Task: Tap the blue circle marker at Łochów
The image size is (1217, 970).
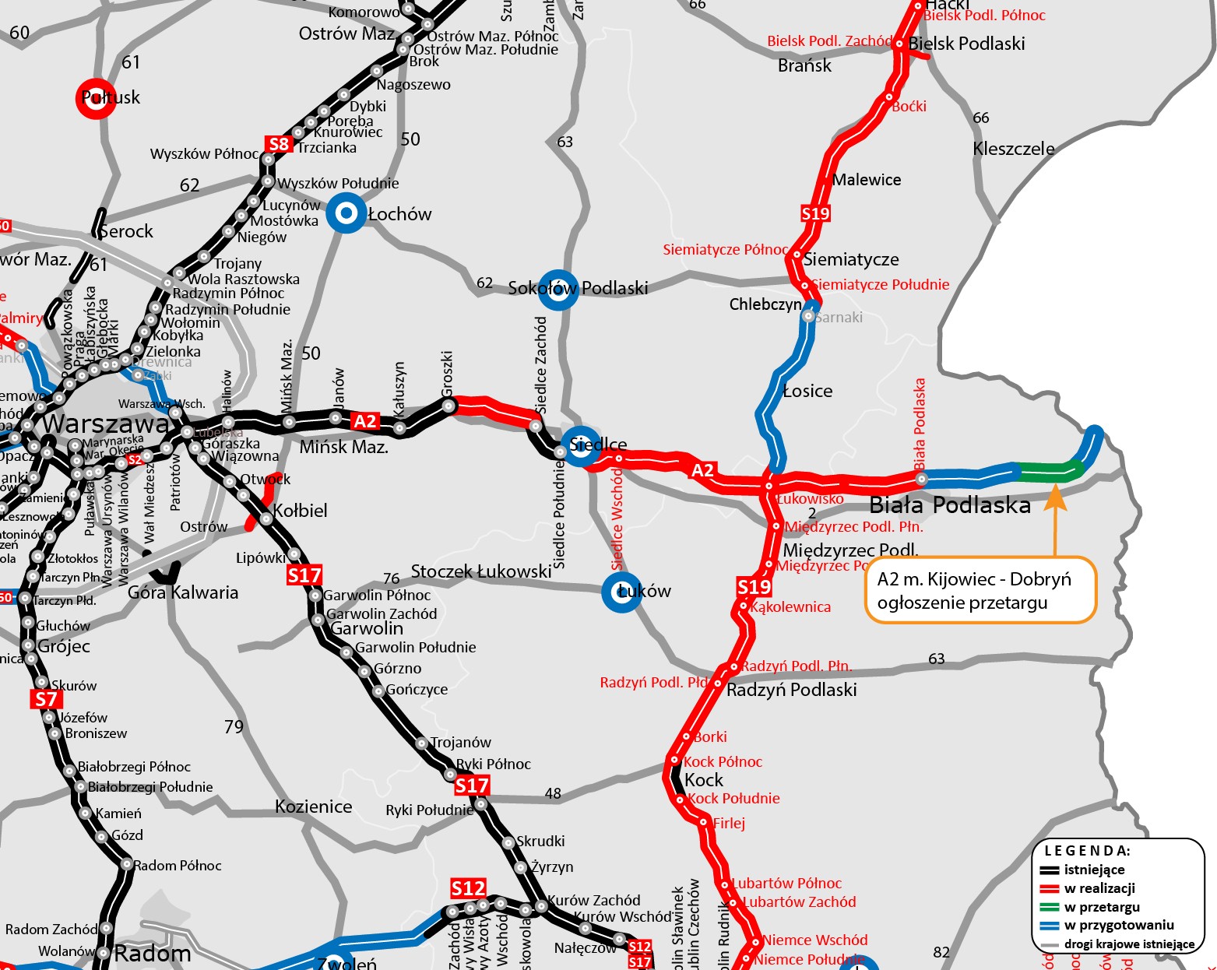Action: click(x=346, y=213)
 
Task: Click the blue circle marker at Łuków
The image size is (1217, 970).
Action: click(x=622, y=592)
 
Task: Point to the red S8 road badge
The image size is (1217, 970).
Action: click(x=278, y=144)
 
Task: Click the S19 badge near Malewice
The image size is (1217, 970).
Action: click(x=815, y=213)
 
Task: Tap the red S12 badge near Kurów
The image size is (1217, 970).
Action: click(x=468, y=888)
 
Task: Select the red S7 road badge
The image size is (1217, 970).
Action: click(x=46, y=699)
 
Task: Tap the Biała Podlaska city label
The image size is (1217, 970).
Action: click(x=950, y=505)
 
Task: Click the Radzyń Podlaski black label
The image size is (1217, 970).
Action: click(x=791, y=690)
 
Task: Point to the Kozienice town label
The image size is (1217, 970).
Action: click(x=314, y=807)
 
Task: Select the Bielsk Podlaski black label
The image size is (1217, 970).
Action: click(x=966, y=44)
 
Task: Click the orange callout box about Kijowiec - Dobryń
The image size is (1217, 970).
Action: click(x=980, y=590)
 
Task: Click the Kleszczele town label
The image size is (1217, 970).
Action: click(x=1014, y=149)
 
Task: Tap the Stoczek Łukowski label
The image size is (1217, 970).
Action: click(x=481, y=571)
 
